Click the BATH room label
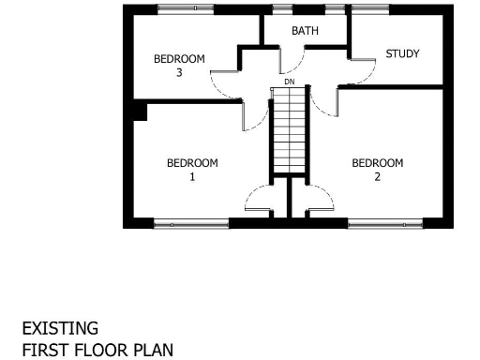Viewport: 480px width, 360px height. (305, 31)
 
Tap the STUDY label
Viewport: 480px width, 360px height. (402, 53)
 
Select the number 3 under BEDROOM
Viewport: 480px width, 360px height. (178, 72)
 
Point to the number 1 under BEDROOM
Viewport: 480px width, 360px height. (192, 176)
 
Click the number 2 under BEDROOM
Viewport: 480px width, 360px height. (377, 176)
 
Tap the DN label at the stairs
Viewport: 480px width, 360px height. (290, 82)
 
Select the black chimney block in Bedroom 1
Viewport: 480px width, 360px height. (141, 112)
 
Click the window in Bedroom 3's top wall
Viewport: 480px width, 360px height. (184, 9)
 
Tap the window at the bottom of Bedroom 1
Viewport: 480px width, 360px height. (191, 223)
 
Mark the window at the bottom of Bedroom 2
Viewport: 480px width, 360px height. (385, 223)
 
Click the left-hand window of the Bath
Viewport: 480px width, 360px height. (280, 9)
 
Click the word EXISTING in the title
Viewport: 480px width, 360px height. (60, 329)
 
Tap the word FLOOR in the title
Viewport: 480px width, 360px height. (84, 350)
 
